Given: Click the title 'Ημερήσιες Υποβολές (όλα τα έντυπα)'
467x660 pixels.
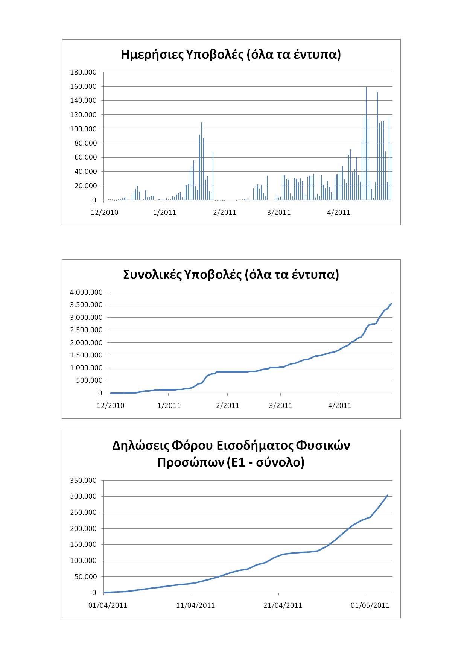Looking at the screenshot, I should click(x=231, y=55).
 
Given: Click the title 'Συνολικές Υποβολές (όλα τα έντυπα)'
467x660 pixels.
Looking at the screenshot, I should click(x=231, y=275).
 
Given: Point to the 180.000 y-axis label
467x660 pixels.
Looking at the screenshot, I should click(x=83, y=72).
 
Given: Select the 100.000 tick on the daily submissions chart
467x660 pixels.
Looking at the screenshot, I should click(x=83, y=129).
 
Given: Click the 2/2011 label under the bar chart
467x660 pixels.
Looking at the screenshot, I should click(x=225, y=213).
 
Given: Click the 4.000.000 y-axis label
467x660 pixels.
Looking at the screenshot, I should click(x=86, y=292).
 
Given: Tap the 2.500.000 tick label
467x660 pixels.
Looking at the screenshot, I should click(x=86, y=330).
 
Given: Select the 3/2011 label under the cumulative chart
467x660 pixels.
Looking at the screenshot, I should click(x=281, y=406).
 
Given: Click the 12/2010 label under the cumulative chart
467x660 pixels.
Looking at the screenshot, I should click(x=111, y=406).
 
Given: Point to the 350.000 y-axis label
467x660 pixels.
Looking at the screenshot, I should click(x=83, y=481).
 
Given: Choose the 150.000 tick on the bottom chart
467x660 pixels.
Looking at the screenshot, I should click(x=83, y=544).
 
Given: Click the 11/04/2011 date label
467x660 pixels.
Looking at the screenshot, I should click(x=195, y=605).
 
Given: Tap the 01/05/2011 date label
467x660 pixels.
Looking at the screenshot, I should click(x=370, y=605).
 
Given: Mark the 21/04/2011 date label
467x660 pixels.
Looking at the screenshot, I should click(x=283, y=605).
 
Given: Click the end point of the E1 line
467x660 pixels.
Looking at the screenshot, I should click(x=388, y=495).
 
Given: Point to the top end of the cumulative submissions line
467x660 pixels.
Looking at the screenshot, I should click(x=391, y=304).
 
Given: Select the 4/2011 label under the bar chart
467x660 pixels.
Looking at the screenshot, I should click(x=339, y=213).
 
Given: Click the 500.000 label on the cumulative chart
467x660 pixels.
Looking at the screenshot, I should click(x=89, y=380).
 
